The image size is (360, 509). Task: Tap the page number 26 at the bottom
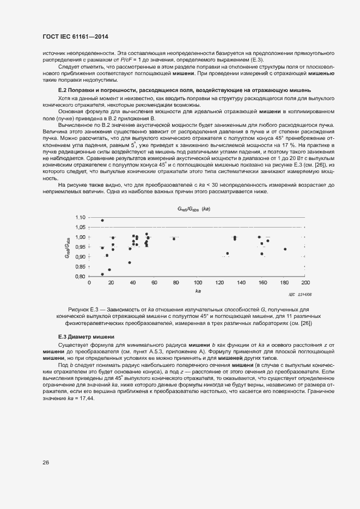(46, 462)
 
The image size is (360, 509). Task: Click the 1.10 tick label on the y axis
(81, 217)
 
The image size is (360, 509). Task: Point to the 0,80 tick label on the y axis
(81, 277)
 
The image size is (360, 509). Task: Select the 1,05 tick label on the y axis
(81, 227)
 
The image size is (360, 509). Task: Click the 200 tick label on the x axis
(305, 283)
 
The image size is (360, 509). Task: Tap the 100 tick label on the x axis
(197, 283)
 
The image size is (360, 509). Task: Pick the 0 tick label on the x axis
(89, 283)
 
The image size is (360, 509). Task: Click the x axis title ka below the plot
(198, 291)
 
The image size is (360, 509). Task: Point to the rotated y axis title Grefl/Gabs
(68, 247)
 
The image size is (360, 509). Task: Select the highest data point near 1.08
(102, 220)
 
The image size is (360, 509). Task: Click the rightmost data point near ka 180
(285, 249)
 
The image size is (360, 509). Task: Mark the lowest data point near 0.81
(102, 274)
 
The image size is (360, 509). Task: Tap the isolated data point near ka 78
(174, 238)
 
